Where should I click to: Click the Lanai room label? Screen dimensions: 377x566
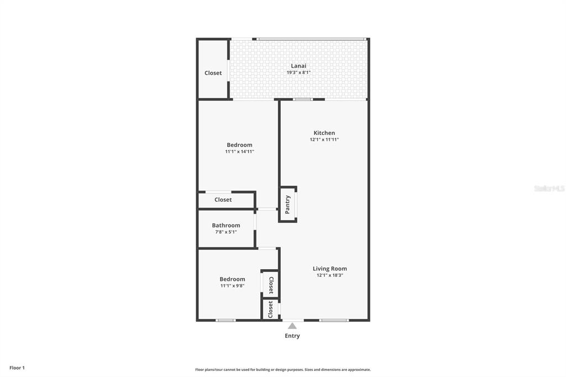[x=298, y=66]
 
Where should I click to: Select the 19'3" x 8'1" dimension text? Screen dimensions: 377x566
[x=298, y=72]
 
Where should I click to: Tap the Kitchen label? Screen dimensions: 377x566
[x=324, y=133]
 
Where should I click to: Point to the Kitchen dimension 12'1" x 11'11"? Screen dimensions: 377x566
[x=324, y=140]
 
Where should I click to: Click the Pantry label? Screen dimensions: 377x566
[x=287, y=205]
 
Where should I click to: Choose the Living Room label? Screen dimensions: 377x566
[x=330, y=269]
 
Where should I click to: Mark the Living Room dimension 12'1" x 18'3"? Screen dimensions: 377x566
[x=330, y=275]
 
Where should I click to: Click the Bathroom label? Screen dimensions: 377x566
[x=226, y=226]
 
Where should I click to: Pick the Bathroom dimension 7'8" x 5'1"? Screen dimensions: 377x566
[x=226, y=232]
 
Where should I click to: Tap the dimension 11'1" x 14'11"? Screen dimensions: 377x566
[x=239, y=151]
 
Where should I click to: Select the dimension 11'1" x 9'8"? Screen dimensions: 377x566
[x=232, y=286]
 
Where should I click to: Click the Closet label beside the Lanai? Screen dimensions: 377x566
[x=213, y=73]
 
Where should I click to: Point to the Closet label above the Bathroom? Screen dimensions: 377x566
[x=223, y=200]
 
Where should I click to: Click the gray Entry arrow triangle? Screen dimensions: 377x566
[x=292, y=326]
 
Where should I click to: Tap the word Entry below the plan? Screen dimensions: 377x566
[x=292, y=336]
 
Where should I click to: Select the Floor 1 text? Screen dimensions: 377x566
[x=17, y=368]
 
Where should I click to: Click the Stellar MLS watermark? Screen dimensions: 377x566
[x=549, y=188]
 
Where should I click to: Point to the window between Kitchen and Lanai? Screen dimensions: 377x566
[x=303, y=100]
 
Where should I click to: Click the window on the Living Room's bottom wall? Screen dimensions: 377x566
[x=334, y=320]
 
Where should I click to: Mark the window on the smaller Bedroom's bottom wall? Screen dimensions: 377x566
[x=226, y=320]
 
